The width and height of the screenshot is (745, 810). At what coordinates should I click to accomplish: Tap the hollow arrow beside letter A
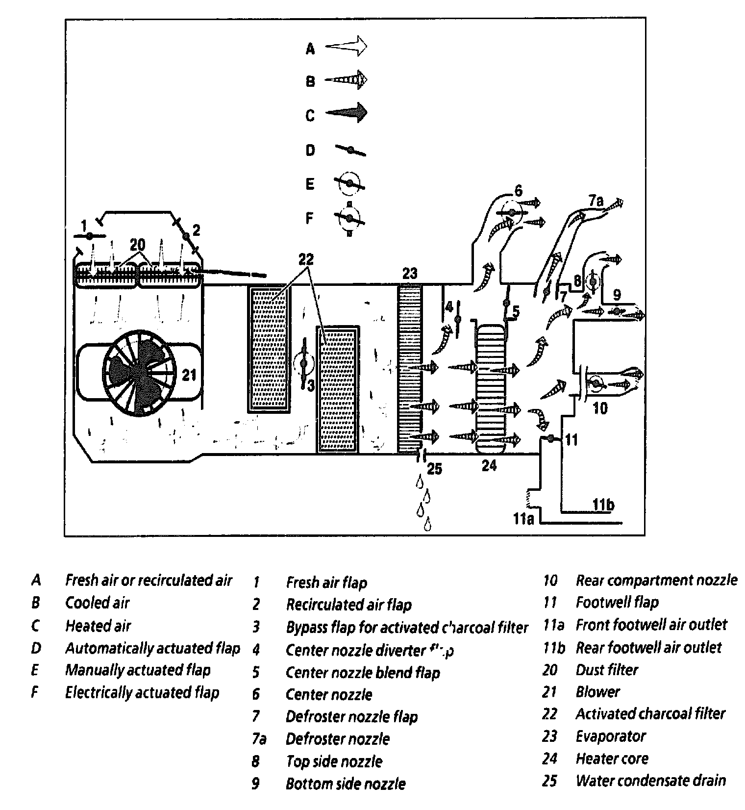tap(346, 47)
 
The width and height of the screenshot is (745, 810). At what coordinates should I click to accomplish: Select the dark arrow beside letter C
tap(347, 113)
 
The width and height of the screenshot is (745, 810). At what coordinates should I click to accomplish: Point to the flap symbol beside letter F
tap(349, 218)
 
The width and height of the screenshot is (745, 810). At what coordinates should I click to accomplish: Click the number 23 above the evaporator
tap(409, 274)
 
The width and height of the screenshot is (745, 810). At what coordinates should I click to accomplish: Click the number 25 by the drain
tap(434, 469)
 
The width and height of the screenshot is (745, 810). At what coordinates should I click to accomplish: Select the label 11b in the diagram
tap(603, 505)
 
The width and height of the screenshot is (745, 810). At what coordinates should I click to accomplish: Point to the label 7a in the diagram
tap(596, 201)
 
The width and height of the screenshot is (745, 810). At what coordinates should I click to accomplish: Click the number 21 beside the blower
tap(189, 375)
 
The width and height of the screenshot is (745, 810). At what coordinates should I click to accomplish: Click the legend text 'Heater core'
tap(612, 759)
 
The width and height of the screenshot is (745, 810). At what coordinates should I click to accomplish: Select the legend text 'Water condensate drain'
tap(650, 781)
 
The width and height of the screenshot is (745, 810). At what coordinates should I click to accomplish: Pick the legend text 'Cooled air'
tap(97, 603)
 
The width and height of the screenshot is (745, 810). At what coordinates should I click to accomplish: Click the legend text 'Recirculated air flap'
tap(348, 605)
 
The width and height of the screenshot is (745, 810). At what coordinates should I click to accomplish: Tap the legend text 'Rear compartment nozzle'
tap(656, 581)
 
